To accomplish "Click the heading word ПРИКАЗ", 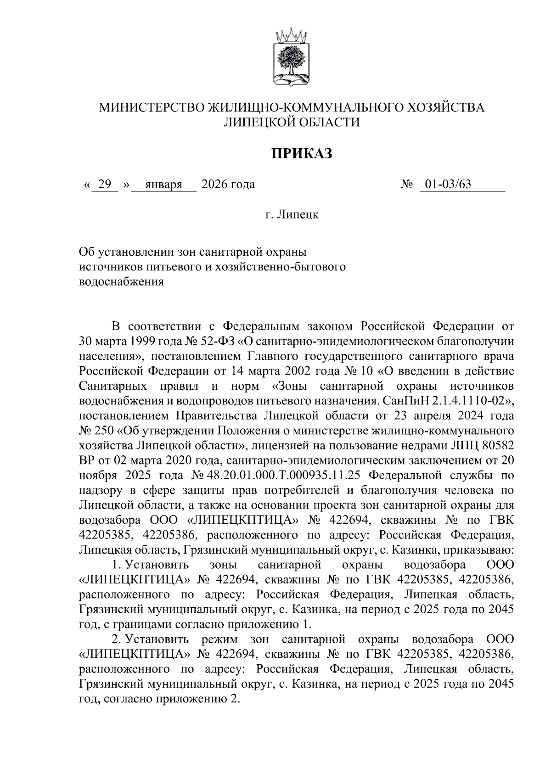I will pyautogui.click(x=301, y=154).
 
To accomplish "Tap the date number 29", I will pyautogui.click(x=105, y=185).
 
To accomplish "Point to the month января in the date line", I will pyautogui.click(x=163, y=185).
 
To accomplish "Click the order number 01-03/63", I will pyautogui.click(x=448, y=185).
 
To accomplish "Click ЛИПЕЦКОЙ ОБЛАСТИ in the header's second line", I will pyautogui.click(x=292, y=122).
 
